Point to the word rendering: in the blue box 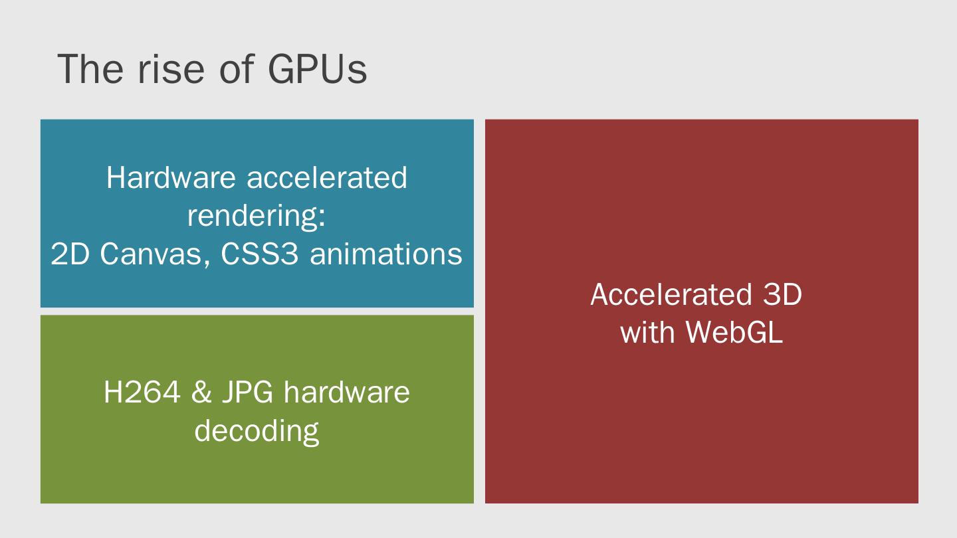pyautogui.click(x=257, y=217)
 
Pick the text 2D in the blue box pyautogui.click(x=70, y=254)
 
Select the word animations pyautogui.click(x=385, y=254)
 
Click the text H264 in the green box pyautogui.click(x=142, y=393)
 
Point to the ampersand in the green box pyautogui.click(x=201, y=393)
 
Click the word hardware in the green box pyautogui.click(x=346, y=393)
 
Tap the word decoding pyautogui.click(x=257, y=431)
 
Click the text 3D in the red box pyautogui.click(x=782, y=294)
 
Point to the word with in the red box pyautogui.click(x=647, y=331)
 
